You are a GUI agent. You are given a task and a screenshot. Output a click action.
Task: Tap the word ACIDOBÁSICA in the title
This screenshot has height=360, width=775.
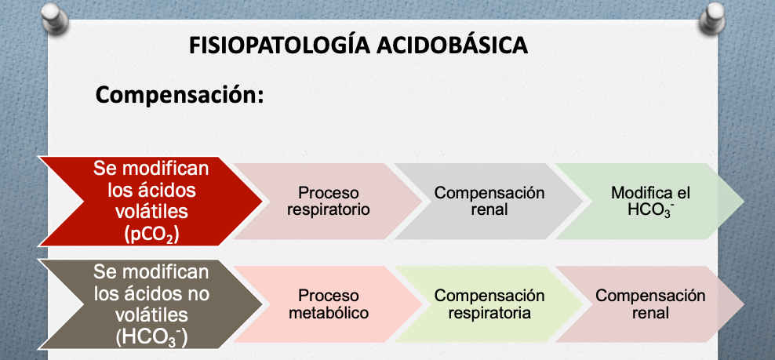(x=452, y=45)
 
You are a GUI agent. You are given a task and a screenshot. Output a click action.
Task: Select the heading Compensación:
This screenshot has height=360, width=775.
(x=180, y=95)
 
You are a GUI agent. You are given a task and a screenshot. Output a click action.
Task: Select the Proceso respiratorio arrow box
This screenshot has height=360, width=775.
(x=328, y=202)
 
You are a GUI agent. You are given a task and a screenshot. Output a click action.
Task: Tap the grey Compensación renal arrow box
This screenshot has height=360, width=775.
(x=489, y=202)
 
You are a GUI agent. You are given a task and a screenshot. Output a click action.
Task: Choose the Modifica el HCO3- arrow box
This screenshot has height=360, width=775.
(x=650, y=202)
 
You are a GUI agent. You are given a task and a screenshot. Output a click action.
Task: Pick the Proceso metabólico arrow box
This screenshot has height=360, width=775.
(x=328, y=304)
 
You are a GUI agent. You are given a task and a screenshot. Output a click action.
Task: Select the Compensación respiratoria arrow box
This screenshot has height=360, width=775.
(x=489, y=304)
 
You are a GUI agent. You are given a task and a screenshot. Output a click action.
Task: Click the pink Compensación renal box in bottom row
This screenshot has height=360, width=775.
(x=650, y=304)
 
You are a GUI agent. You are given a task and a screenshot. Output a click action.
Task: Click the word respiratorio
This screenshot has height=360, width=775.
(x=328, y=209)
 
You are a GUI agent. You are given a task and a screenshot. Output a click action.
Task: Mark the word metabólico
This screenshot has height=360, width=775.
(x=328, y=312)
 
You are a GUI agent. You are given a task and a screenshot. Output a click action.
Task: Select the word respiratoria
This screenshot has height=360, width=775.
(x=489, y=313)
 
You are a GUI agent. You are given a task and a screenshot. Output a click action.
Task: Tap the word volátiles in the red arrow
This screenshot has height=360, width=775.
(x=151, y=212)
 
